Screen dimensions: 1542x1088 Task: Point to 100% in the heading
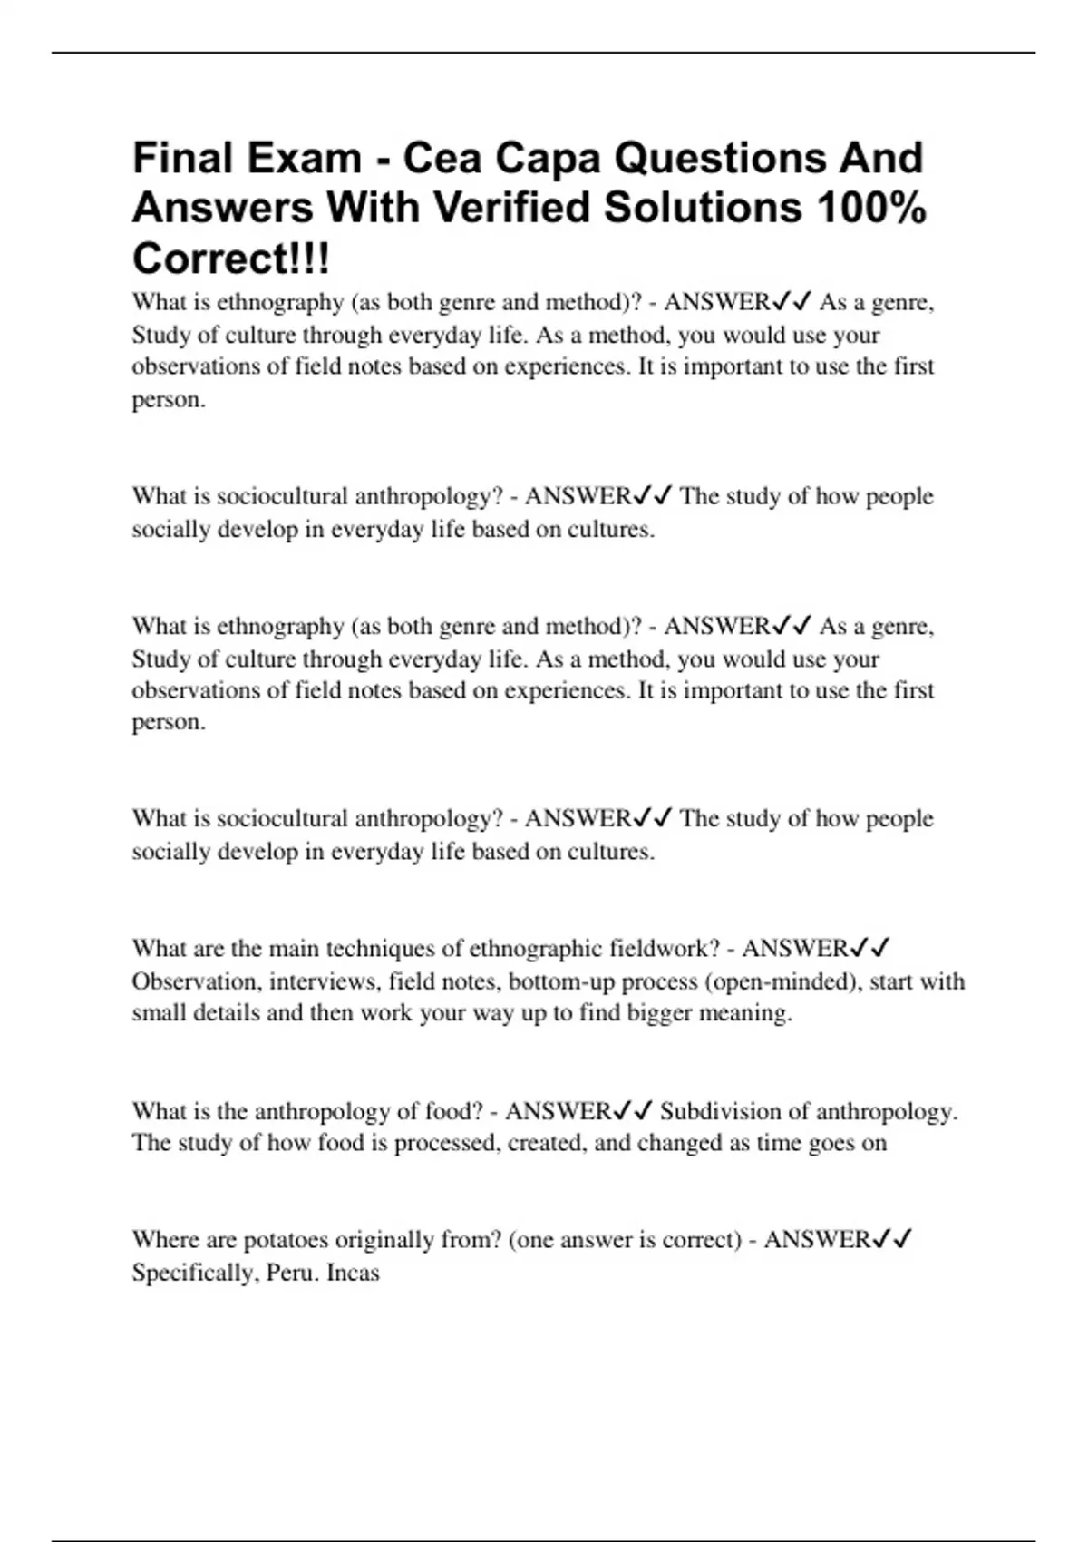870,208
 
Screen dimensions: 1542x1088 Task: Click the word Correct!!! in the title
231,259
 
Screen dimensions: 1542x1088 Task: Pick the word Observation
194,981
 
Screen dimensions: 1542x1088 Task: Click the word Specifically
193,1273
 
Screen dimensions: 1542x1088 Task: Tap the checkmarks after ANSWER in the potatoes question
892,1239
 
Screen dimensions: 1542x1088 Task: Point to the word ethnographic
535,949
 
